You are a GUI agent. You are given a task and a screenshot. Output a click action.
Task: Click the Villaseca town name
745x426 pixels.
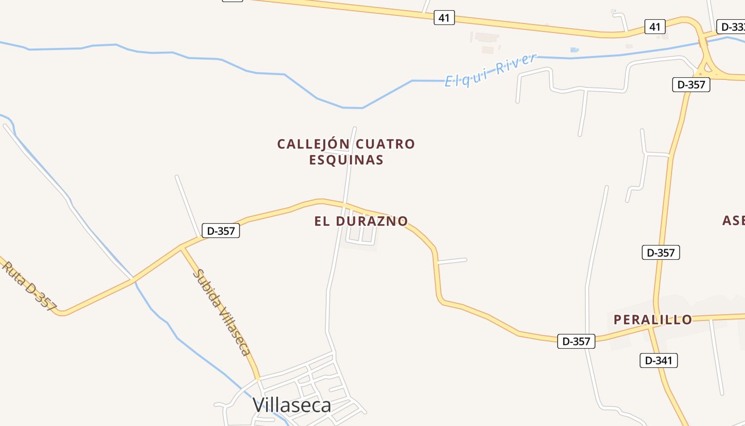coord(292,405)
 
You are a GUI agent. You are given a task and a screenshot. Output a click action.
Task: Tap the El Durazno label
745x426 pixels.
coord(361,221)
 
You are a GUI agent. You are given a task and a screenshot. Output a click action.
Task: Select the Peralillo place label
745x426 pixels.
coord(653,319)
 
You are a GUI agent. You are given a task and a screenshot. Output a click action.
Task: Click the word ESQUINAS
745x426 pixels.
coord(346,160)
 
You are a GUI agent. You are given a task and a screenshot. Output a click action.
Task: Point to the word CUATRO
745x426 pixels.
coord(385,144)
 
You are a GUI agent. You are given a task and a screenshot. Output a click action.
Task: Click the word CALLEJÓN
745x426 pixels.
coord(313,144)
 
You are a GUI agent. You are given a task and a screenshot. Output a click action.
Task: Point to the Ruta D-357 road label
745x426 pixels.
coord(30,285)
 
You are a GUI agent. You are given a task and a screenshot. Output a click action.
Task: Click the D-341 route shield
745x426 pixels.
coord(658,361)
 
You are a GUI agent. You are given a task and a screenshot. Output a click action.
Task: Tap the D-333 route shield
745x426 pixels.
coord(732,27)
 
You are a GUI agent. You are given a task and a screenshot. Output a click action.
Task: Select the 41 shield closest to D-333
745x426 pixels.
coord(655,26)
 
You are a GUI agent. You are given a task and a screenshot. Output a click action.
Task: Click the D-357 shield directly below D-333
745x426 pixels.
coord(691,84)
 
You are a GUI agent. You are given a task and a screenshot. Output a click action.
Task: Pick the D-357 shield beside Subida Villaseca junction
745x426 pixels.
coord(220,231)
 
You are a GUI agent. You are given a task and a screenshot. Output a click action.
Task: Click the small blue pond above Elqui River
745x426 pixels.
coord(574,50)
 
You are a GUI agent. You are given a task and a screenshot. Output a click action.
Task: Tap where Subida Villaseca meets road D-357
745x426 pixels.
coord(182,248)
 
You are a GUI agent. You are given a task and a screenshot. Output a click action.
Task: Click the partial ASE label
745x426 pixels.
coord(733,220)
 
